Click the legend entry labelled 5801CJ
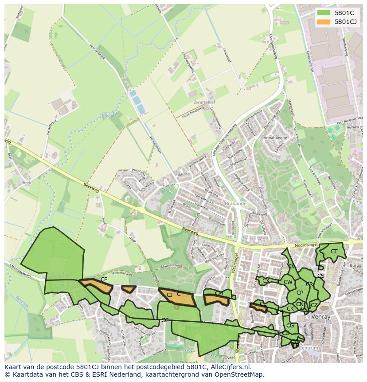point(346,21)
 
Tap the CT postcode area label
point(334,252)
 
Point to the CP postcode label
point(300,292)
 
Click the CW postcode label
point(288,282)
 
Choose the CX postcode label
point(266,280)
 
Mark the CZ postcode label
point(314,305)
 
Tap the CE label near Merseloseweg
point(104,280)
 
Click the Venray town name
point(320,317)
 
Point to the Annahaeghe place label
point(275,138)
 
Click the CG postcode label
point(290,326)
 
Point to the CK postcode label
point(290,309)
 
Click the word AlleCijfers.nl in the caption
point(229,367)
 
